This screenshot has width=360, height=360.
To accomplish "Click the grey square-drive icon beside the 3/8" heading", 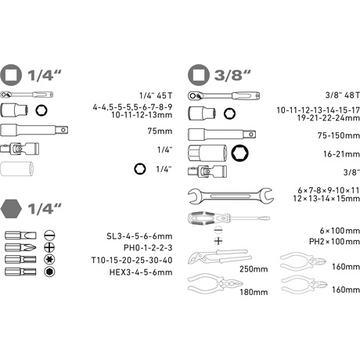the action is [x=199, y=75].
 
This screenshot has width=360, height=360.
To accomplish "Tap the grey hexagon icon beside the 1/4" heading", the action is [x=11, y=209].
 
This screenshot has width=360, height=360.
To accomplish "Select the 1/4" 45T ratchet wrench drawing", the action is [x=27, y=95].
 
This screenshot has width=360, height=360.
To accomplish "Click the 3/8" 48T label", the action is [x=343, y=95].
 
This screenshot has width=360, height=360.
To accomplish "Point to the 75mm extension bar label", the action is [x=160, y=131].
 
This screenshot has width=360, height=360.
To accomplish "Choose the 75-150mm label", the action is [x=339, y=135].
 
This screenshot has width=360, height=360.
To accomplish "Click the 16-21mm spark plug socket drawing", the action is [x=207, y=153].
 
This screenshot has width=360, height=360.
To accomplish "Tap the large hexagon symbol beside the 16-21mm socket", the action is [x=240, y=153].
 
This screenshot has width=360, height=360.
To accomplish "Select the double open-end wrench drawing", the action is [x=231, y=196].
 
